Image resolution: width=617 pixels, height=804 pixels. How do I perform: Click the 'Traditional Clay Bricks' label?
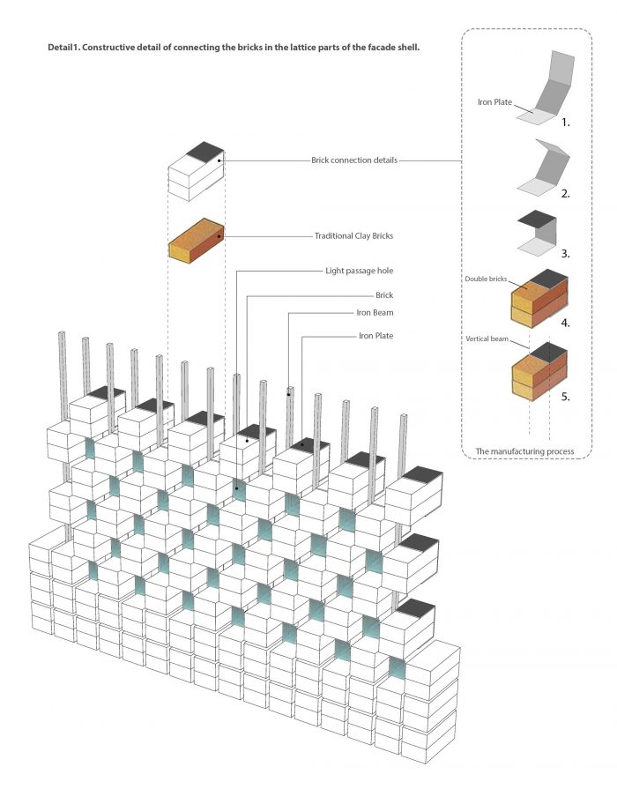(353, 236)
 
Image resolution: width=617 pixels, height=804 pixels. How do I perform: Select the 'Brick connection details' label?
(354, 160)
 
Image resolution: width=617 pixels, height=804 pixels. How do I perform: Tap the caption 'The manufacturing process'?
(524, 451)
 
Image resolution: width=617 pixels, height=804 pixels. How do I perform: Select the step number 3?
(565, 253)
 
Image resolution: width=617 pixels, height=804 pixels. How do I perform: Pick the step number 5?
(565, 397)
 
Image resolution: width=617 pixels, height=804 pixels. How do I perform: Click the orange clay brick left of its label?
(195, 240)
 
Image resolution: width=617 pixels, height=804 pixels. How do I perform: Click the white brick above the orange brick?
(195, 171)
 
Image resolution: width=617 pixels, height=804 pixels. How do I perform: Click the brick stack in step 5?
(538, 372)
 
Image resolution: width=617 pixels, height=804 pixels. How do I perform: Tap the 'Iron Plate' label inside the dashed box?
(496, 102)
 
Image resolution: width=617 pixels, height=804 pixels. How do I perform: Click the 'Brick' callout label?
(384, 295)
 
